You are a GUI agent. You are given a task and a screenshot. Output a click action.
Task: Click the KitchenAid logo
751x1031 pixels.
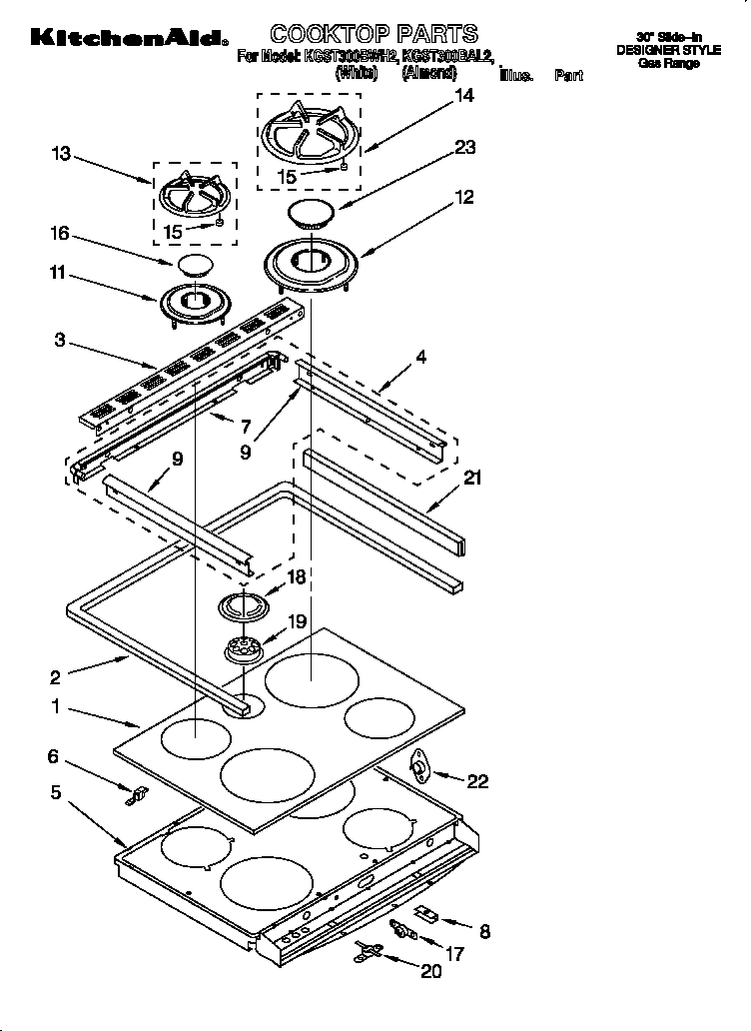pyautogui.click(x=127, y=38)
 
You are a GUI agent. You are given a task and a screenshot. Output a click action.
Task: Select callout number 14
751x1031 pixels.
pyautogui.click(x=464, y=97)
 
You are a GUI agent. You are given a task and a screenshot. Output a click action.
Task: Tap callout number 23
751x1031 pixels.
pyautogui.click(x=464, y=147)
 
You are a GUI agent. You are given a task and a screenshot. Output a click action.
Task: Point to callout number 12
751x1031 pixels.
pyautogui.click(x=464, y=197)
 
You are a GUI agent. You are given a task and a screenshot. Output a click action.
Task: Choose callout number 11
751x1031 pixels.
pyautogui.click(x=60, y=271)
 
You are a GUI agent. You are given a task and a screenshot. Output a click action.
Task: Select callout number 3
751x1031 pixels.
pyautogui.click(x=60, y=341)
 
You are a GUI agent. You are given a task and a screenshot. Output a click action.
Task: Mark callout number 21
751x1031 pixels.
pyautogui.click(x=472, y=479)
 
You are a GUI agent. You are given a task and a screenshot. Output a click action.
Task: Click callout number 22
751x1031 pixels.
pyautogui.click(x=478, y=780)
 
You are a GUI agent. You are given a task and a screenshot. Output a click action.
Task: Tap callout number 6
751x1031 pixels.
pyautogui.click(x=54, y=757)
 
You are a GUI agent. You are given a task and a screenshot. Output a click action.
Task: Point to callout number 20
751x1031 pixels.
pyautogui.click(x=431, y=970)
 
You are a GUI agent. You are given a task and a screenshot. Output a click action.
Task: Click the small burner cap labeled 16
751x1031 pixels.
pyautogui.click(x=195, y=265)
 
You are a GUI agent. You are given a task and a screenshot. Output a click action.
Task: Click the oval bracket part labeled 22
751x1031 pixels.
pyautogui.click(x=424, y=765)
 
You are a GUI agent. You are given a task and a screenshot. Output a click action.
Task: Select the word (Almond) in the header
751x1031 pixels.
pyautogui.click(x=428, y=73)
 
